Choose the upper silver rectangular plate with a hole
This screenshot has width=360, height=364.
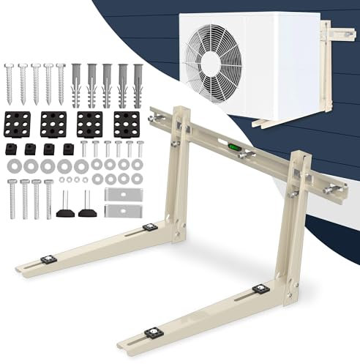[120, 195]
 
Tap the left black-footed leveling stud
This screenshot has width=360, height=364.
[64, 207]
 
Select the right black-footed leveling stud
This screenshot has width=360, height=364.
[87, 207]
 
